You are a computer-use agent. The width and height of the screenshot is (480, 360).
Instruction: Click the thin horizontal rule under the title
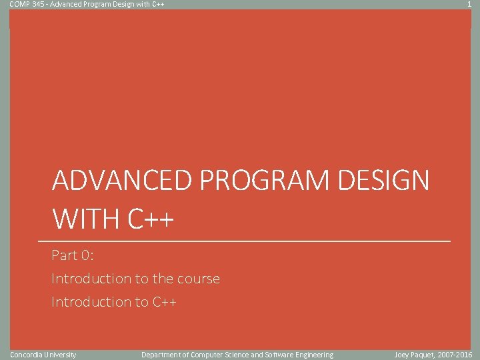click(x=244, y=241)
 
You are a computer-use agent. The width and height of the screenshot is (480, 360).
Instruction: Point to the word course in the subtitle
click(x=199, y=279)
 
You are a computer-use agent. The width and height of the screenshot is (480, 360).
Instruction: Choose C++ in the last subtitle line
click(x=164, y=302)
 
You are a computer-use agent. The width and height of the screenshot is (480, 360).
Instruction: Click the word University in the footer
click(x=61, y=355)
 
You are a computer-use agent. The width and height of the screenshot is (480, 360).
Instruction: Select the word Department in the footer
click(x=160, y=355)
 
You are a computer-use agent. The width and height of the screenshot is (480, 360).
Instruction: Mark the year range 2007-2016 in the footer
click(x=455, y=355)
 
